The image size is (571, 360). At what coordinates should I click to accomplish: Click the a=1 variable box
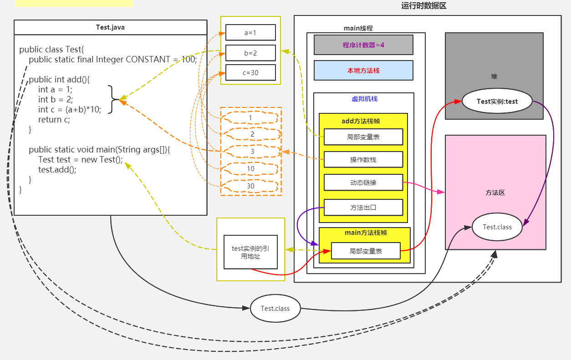(x=250, y=32)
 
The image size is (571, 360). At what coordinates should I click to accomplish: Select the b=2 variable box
(x=250, y=53)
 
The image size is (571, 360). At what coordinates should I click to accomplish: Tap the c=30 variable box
(x=250, y=73)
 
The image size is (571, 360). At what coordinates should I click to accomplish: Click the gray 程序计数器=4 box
(x=363, y=45)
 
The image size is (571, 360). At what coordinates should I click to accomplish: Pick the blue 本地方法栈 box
(x=363, y=71)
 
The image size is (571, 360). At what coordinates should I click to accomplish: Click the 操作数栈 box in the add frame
(x=363, y=159)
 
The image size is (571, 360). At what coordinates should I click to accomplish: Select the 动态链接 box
(x=363, y=183)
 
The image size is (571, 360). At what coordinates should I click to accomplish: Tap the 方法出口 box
(x=363, y=208)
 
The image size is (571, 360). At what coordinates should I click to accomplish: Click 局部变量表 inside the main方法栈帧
(x=366, y=251)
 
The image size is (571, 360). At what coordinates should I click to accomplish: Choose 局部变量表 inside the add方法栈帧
(x=363, y=137)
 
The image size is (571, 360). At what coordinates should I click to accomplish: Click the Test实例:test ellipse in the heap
(x=497, y=101)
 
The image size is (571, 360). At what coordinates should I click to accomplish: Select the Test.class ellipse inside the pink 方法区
(x=497, y=227)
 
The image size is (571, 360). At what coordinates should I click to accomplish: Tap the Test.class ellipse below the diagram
(x=275, y=308)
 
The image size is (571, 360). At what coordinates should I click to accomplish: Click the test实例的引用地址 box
(x=250, y=252)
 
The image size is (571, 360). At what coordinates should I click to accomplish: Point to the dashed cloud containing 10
(x=250, y=169)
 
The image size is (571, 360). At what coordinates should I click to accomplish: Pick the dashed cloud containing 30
(x=250, y=186)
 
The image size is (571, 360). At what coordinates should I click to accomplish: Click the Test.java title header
(x=110, y=27)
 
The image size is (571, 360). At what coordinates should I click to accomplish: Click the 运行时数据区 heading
(x=423, y=5)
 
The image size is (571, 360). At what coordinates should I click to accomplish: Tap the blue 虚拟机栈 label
(x=365, y=99)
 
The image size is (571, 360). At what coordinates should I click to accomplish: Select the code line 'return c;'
(x=54, y=120)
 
